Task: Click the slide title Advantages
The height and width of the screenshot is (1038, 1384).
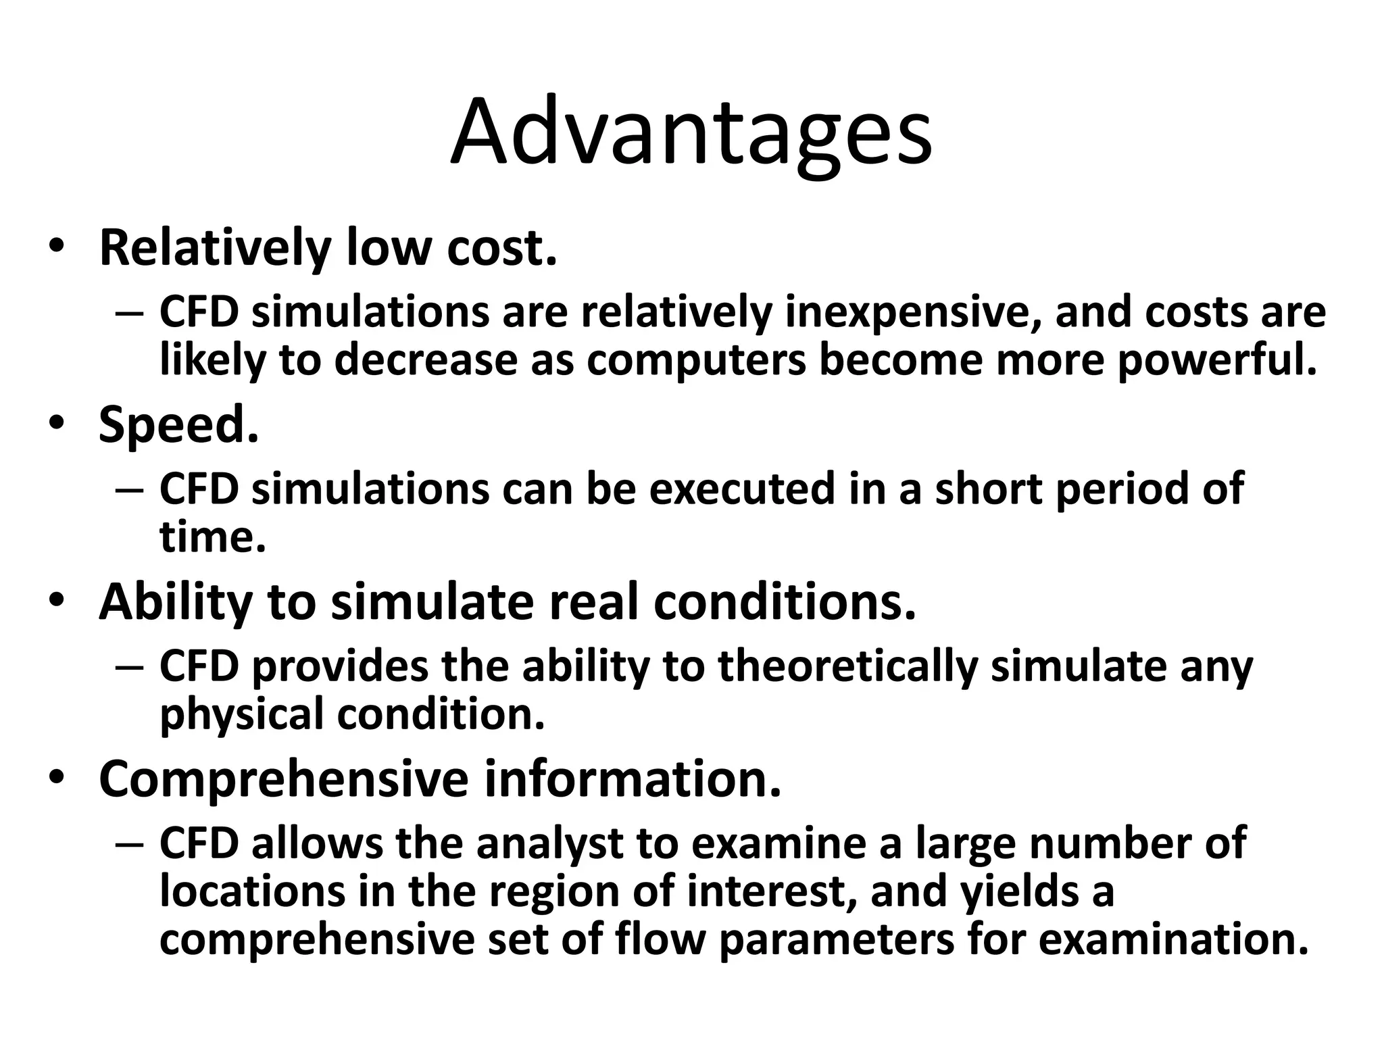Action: click(691, 133)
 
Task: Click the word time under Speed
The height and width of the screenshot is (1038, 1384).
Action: click(212, 537)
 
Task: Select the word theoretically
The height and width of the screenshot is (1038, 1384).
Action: click(848, 667)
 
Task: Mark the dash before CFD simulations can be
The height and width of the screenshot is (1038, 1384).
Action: click(129, 490)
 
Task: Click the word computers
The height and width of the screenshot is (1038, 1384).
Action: click(697, 361)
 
